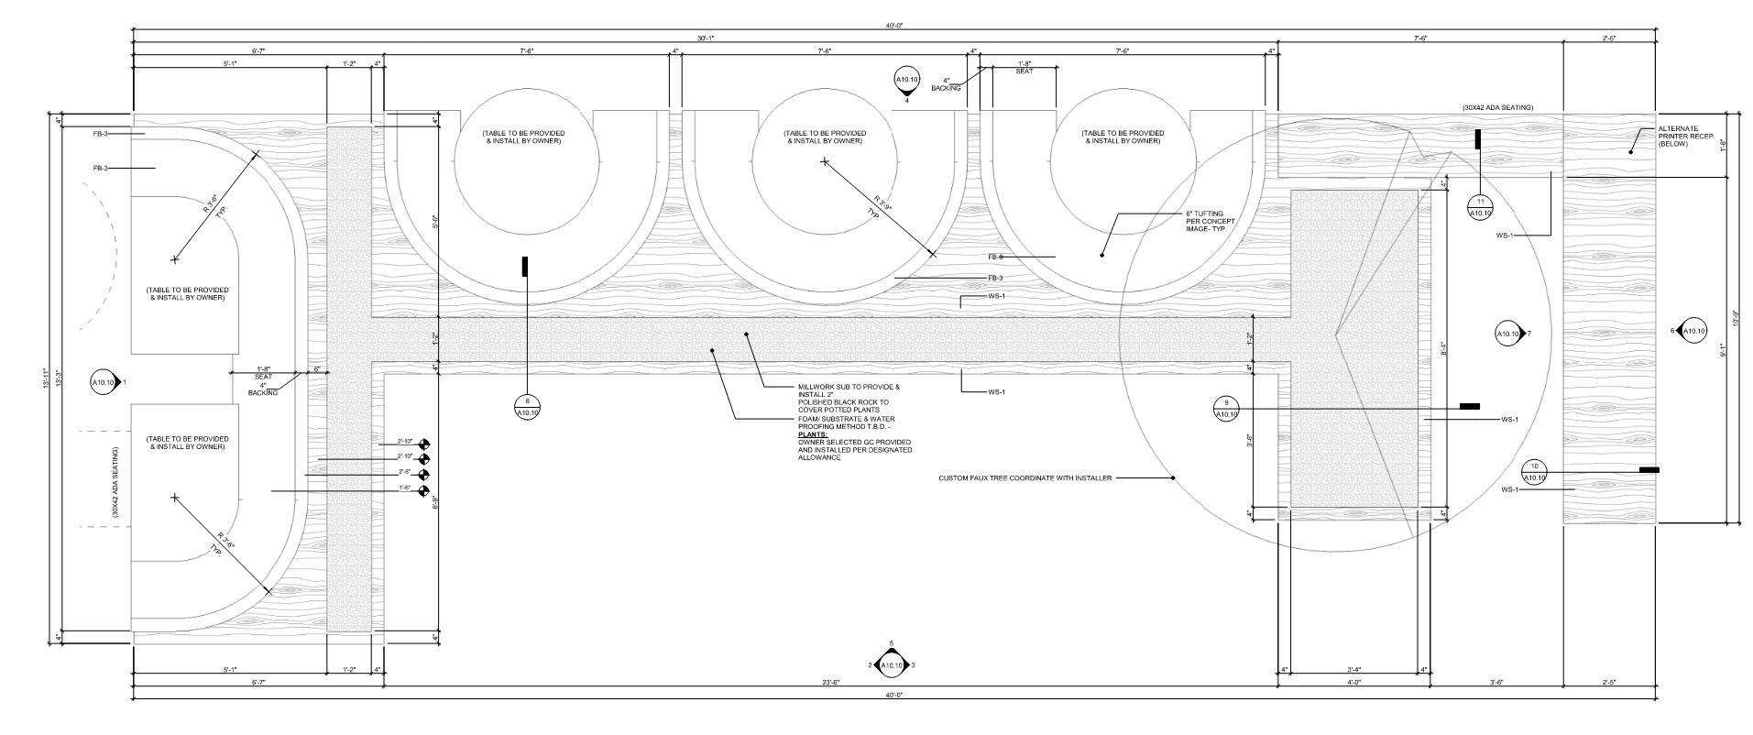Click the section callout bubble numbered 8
click(528, 407)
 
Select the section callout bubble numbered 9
click(1225, 409)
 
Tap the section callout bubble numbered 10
click(1535, 472)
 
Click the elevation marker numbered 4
click(905, 82)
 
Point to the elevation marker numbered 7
click(1508, 335)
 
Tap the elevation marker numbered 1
click(104, 381)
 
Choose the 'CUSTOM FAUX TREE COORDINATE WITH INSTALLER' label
click(1024, 478)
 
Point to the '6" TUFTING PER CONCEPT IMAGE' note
click(1205, 221)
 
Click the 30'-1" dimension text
click(706, 38)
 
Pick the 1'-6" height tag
click(404, 488)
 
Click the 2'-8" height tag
click(404, 472)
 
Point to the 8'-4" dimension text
click(1445, 349)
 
